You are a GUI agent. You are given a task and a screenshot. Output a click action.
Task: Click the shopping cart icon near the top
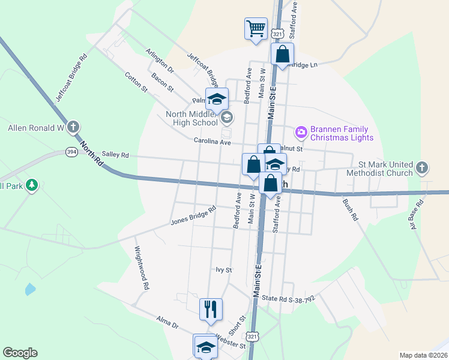[256, 28]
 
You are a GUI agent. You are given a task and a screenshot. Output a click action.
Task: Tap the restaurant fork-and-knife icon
[211, 309]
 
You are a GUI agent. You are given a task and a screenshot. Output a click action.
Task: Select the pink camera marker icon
[301, 131]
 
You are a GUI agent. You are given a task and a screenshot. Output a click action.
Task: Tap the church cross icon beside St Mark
[423, 168]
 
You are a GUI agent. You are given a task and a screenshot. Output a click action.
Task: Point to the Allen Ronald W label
[35, 128]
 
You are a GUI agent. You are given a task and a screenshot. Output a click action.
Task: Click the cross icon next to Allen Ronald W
[73, 127]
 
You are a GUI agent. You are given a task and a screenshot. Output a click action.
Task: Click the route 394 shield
[71, 152]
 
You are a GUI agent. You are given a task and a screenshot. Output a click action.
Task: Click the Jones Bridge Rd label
[193, 216]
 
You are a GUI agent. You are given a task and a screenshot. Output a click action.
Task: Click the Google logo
[20, 353]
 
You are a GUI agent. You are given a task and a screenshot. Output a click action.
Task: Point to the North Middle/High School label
[192, 118]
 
